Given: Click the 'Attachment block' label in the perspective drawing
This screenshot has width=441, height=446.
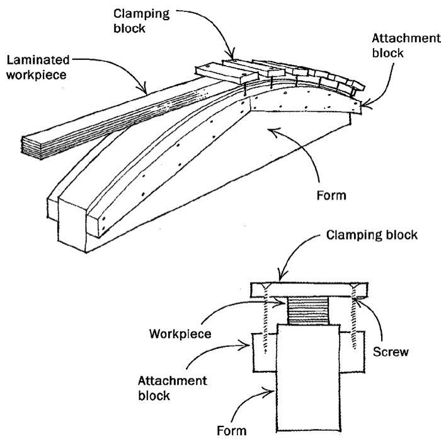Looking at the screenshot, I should click(x=404, y=45).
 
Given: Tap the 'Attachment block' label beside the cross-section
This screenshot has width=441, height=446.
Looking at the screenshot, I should click(x=163, y=390).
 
